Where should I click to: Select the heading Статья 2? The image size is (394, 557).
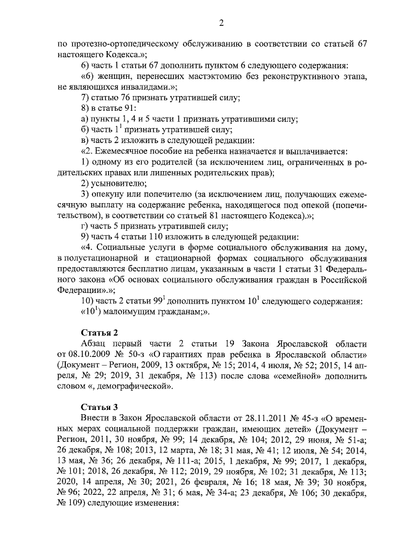[x=100, y=333]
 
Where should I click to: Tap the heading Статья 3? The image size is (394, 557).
[x=100, y=407]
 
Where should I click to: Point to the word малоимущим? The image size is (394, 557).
[x=131, y=311]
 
